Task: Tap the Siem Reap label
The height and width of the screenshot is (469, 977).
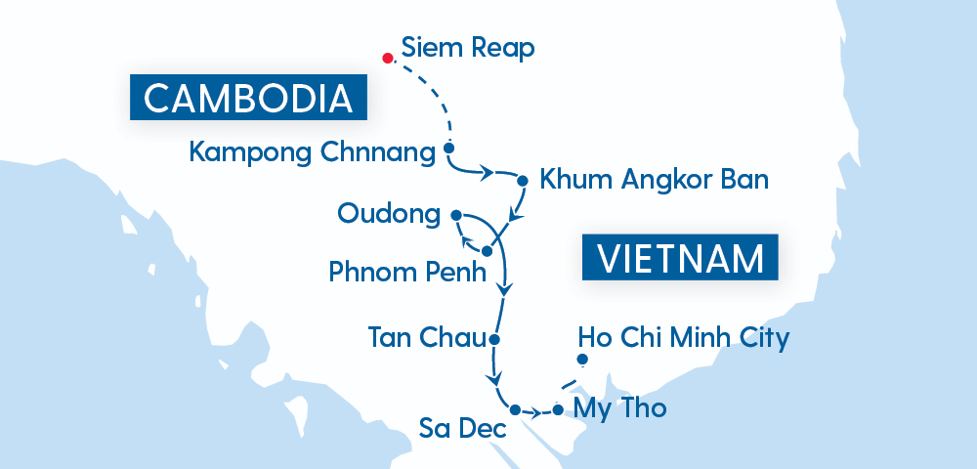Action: [468, 48]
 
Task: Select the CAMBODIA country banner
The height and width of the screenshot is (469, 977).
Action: [248, 99]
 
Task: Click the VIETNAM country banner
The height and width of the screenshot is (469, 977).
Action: [680, 259]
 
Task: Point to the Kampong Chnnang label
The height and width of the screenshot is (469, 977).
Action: [311, 152]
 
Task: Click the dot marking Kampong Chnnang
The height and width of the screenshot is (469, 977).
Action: [448, 149]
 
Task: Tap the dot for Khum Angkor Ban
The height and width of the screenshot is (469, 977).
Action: [522, 181]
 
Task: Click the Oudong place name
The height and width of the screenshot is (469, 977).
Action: [388, 213]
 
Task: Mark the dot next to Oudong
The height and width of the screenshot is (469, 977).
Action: [456, 214]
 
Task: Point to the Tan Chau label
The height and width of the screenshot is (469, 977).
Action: [426, 338]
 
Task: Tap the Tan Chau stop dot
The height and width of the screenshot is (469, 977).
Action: [494, 340]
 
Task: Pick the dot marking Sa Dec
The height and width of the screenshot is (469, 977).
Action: [515, 409]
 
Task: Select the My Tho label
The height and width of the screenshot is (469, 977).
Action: [620, 408]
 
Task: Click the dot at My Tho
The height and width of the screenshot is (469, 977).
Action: [558, 409]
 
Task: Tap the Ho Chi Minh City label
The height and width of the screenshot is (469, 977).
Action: [683, 338]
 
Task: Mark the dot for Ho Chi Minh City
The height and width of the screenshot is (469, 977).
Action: [582, 361]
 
